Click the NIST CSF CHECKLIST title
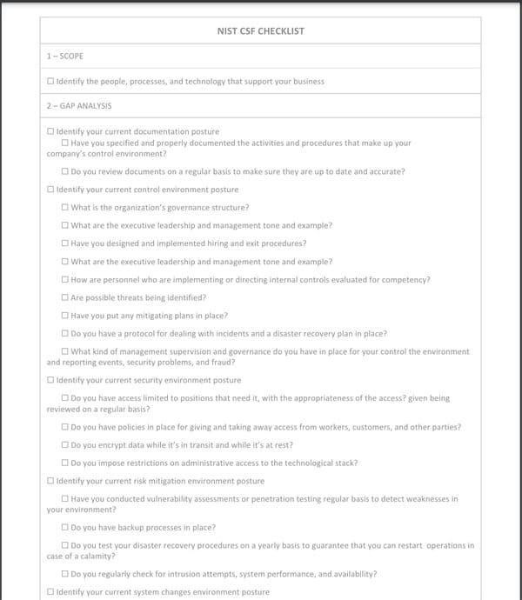pyautogui.click(x=260, y=31)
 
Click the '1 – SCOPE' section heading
pyautogui.click(x=65, y=57)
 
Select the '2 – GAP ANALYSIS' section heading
pyautogui.click(x=79, y=106)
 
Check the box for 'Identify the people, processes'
pyautogui.click(x=50, y=82)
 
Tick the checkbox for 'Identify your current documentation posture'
pyautogui.click(x=50, y=131)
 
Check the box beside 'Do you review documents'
pyautogui.click(x=65, y=172)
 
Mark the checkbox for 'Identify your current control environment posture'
pyautogui.click(x=50, y=190)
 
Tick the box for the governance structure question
pyautogui.click(x=65, y=208)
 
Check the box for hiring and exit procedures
pyautogui.click(x=65, y=243)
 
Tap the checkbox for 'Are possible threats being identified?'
pyautogui.click(x=65, y=297)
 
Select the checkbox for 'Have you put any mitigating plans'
pyautogui.click(x=65, y=316)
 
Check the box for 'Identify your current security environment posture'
pyautogui.click(x=50, y=381)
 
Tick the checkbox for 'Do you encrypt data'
pyautogui.click(x=65, y=445)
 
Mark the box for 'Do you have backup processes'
pyautogui.click(x=65, y=528)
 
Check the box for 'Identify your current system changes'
pyautogui.click(x=50, y=592)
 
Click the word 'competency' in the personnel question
pyautogui.click(x=405, y=280)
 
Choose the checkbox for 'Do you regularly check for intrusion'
pyautogui.click(x=65, y=575)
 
